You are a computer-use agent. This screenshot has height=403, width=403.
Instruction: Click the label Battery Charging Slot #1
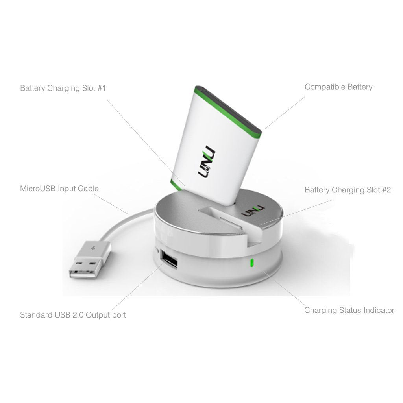(x=63, y=88)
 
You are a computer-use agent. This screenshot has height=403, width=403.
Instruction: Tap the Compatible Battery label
(x=338, y=87)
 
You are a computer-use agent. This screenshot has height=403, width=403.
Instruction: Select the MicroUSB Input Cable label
(x=59, y=189)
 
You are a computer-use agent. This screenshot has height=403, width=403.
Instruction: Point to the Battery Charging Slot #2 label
(x=348, y=190)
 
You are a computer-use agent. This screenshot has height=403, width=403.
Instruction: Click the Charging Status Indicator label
(x=349, y=310)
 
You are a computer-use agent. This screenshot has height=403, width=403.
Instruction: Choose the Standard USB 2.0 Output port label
(x=73, y=315)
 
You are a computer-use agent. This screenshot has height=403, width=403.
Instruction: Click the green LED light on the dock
(x=251, y=263)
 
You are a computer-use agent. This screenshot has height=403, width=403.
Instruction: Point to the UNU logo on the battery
(x=207, y=161)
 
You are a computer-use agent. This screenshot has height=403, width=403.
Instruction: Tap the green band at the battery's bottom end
(x=176, y=185)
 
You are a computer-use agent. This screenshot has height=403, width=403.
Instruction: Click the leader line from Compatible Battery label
(x=285, y=113)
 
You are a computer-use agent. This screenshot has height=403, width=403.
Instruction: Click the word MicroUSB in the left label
(x=37, y=189)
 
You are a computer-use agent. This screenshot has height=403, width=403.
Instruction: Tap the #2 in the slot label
(x=386, y=190)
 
